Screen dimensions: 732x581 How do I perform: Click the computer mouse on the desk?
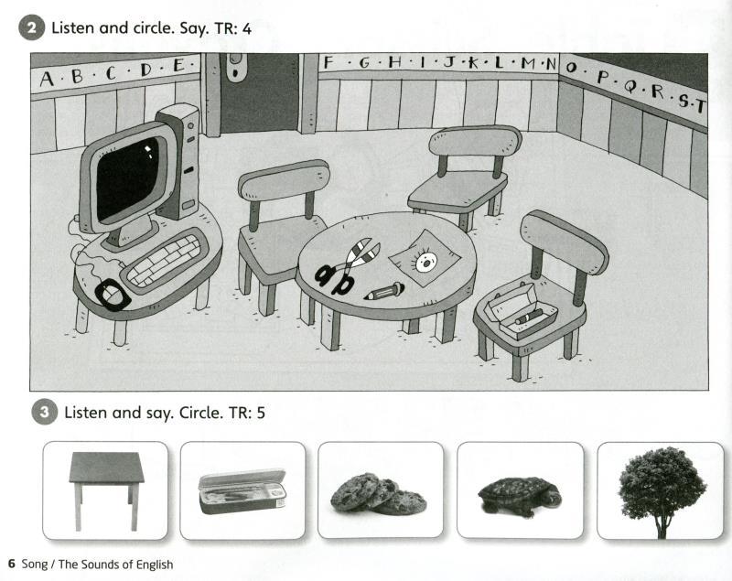112,294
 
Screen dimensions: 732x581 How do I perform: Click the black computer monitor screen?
127,178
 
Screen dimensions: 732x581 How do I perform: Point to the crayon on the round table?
383,291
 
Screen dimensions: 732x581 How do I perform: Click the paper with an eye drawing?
425,258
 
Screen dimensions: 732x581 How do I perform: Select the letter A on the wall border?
47,80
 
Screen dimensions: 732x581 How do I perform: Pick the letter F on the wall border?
328,62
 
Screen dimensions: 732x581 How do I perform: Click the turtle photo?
520,496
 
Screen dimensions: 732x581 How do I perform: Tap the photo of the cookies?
378,494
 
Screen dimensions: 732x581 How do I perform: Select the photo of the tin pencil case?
242,491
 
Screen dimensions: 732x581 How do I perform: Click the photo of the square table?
106,490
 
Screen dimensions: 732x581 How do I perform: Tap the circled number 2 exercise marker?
32,28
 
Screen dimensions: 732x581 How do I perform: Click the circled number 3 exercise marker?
44,412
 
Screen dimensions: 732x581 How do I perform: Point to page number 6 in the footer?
12,564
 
